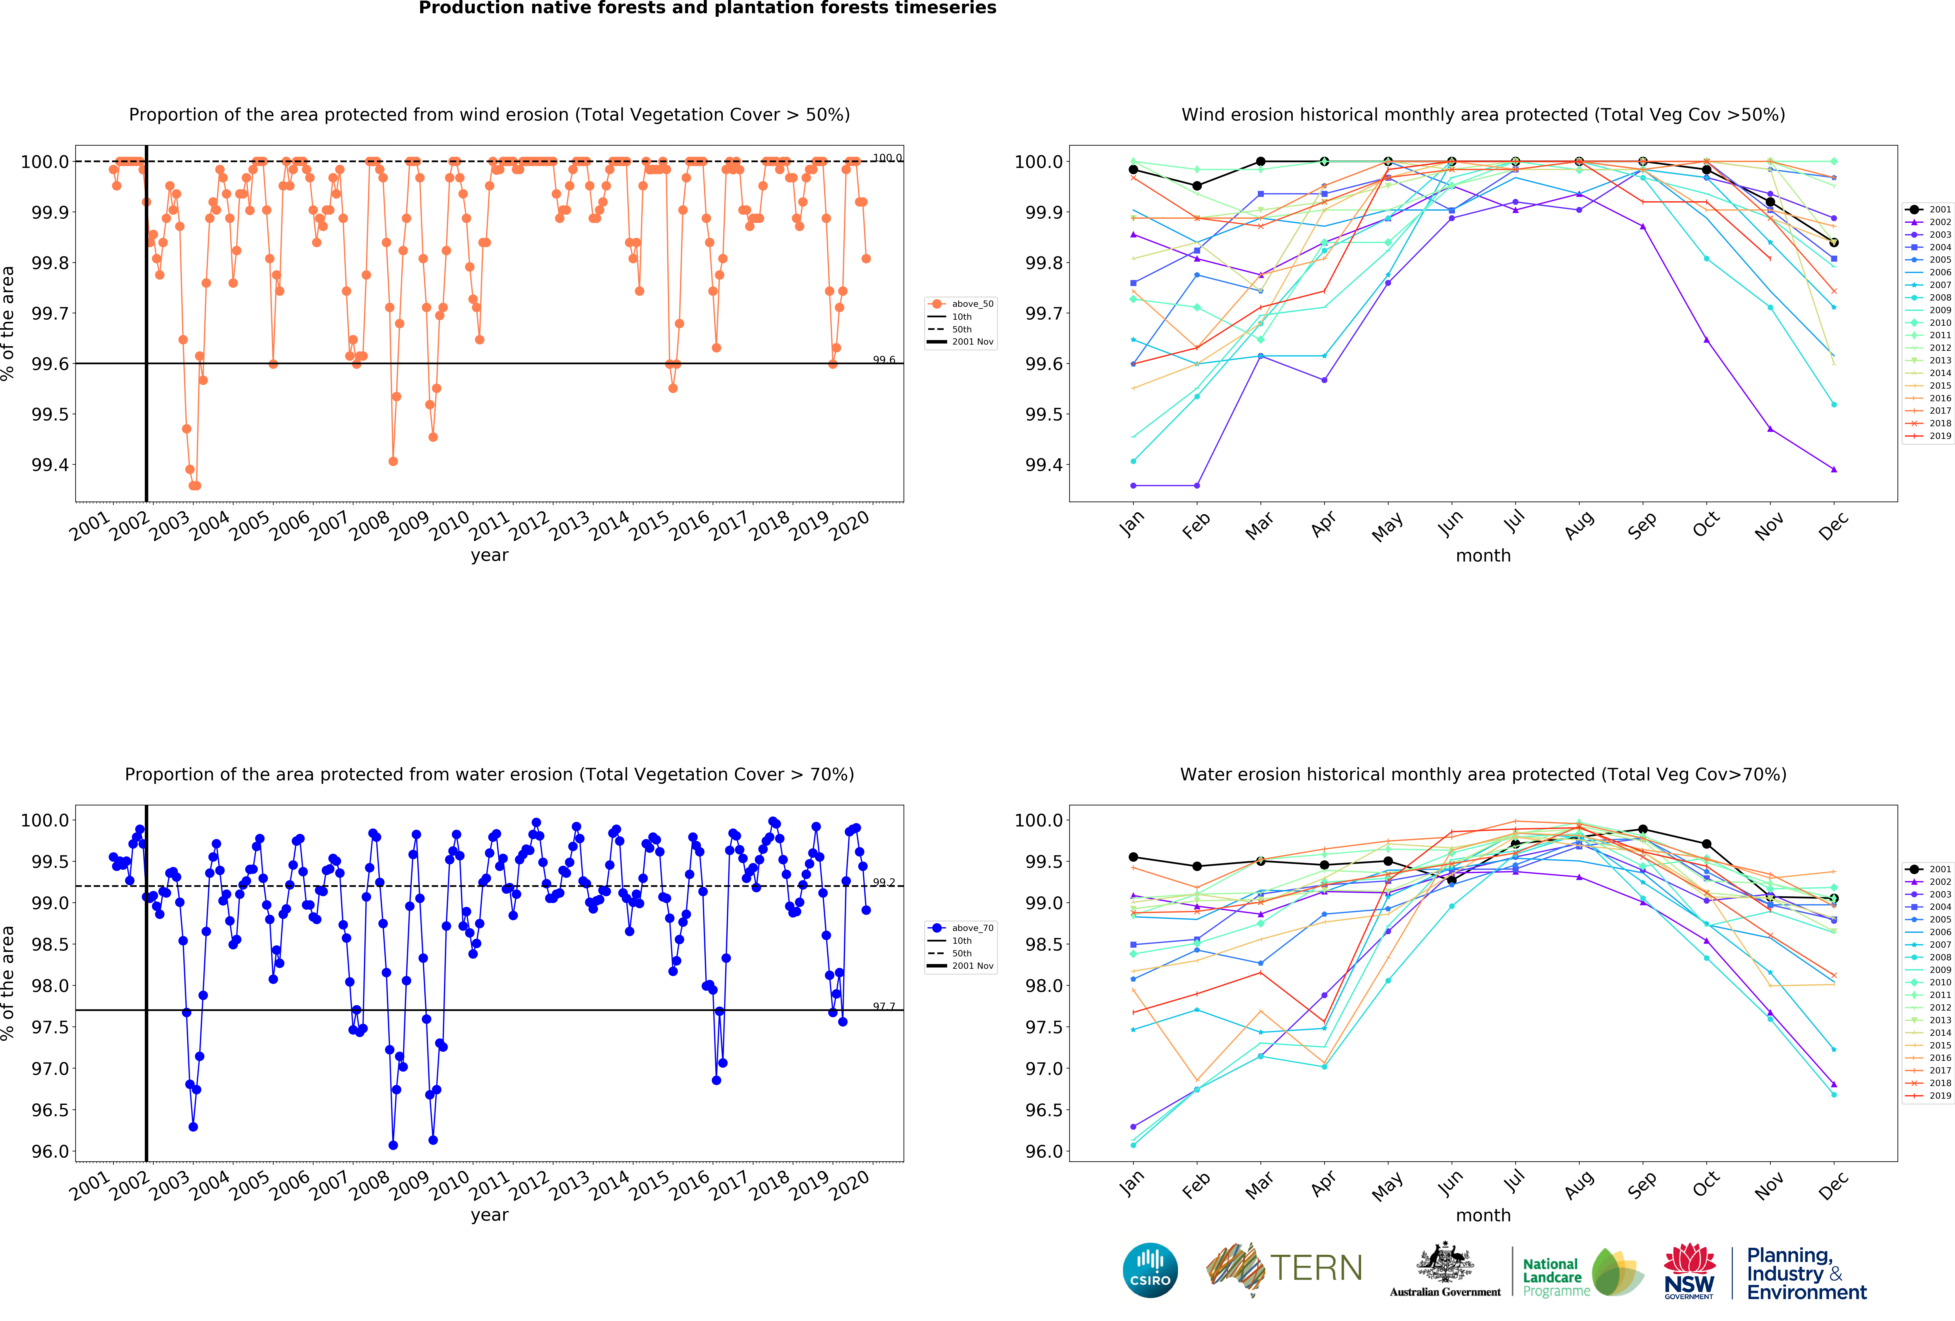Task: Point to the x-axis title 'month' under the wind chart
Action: click(1483, 555)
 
